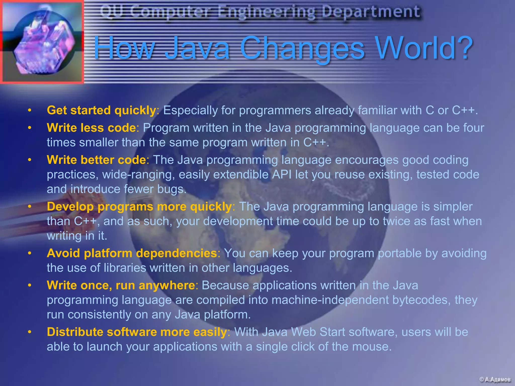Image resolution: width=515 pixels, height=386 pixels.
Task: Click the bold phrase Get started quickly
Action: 101,110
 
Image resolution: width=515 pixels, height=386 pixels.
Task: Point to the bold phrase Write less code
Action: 91,128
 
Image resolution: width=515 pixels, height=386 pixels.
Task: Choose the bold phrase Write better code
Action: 96,160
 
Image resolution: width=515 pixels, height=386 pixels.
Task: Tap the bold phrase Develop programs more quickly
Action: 139,207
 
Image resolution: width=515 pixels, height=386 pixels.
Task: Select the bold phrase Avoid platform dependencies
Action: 132,253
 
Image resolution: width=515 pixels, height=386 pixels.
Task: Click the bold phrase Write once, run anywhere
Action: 121,285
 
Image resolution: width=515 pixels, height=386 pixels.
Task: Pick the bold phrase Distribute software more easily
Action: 137,332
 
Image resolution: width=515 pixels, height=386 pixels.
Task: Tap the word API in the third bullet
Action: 282,174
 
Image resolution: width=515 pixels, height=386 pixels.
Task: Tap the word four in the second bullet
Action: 474,128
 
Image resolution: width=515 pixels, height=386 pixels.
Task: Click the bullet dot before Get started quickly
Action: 30,110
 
